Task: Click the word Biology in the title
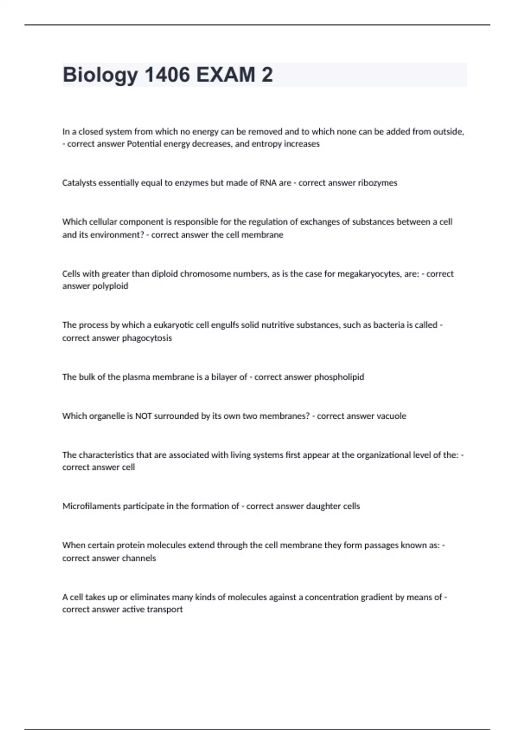click(x=100, y=75)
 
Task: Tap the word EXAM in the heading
click(x=225, y=75)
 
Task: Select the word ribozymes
click(x=377, y=183)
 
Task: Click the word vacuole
click(x=391, y=416)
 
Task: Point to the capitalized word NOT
click(x=143, y=416)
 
